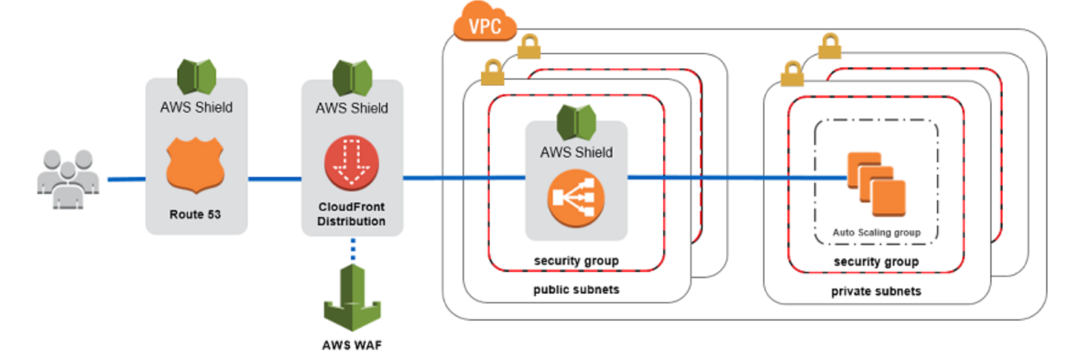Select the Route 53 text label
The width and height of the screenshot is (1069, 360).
[x=195, y=217]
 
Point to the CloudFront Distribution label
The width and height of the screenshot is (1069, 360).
[x=352, y=214]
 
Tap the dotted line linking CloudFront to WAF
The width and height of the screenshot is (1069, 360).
[x=352, y=249]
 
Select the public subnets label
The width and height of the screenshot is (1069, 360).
[x=575, y=290]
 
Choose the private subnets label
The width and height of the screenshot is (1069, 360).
[x=877, y=291]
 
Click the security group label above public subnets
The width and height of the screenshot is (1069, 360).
[x=575, y=261]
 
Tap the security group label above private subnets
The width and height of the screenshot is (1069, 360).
[x=877, y=262]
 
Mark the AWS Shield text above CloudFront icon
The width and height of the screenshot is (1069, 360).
[x=352, y=108]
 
